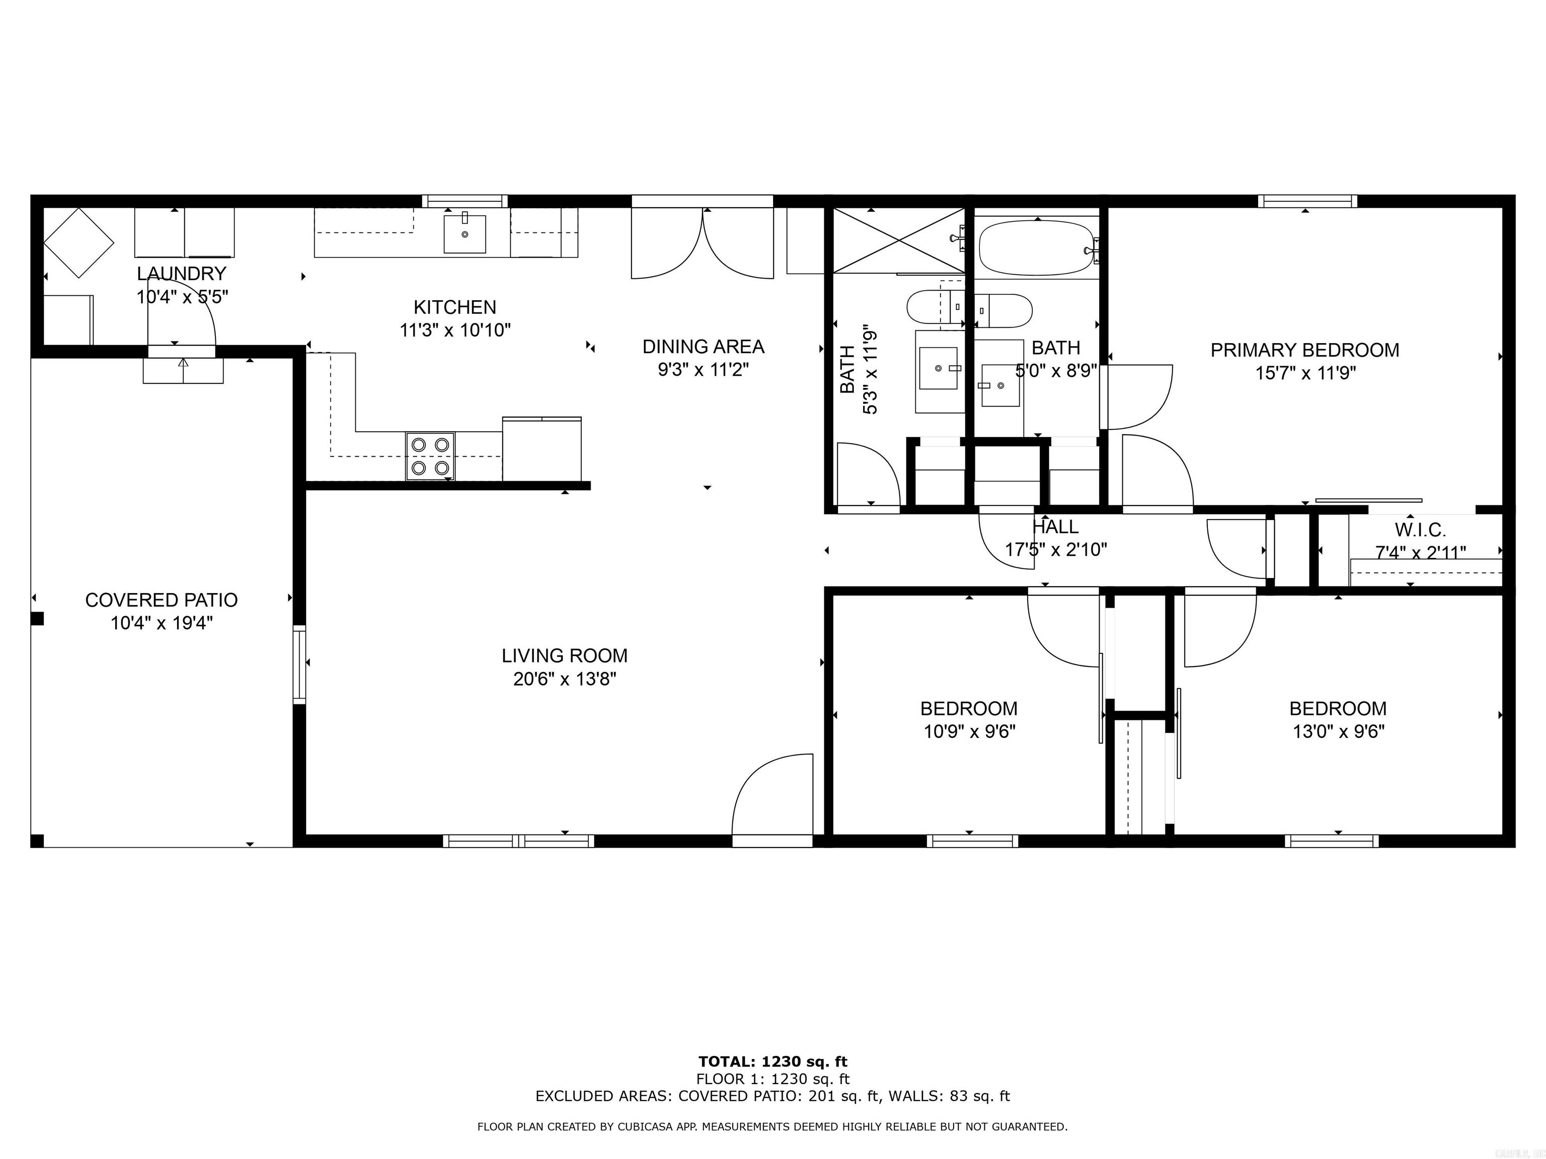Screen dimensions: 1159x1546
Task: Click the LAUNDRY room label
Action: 181,273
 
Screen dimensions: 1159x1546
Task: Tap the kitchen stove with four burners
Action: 430,456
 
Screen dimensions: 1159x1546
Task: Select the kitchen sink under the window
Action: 464,234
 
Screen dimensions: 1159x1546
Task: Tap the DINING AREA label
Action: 703,347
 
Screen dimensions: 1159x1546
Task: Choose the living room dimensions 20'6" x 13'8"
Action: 564,679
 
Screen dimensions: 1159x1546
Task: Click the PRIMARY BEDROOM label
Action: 1304,350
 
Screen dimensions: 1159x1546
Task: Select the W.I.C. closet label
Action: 1420,530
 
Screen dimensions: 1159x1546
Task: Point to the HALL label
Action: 1055,527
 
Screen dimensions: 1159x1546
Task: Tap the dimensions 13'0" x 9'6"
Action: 1337,731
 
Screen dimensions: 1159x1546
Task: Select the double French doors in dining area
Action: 703,241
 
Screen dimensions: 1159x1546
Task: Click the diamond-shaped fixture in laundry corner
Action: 79,242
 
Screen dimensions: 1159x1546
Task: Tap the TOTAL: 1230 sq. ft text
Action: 772,1062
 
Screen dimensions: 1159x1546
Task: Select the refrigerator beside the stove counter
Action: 542,449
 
